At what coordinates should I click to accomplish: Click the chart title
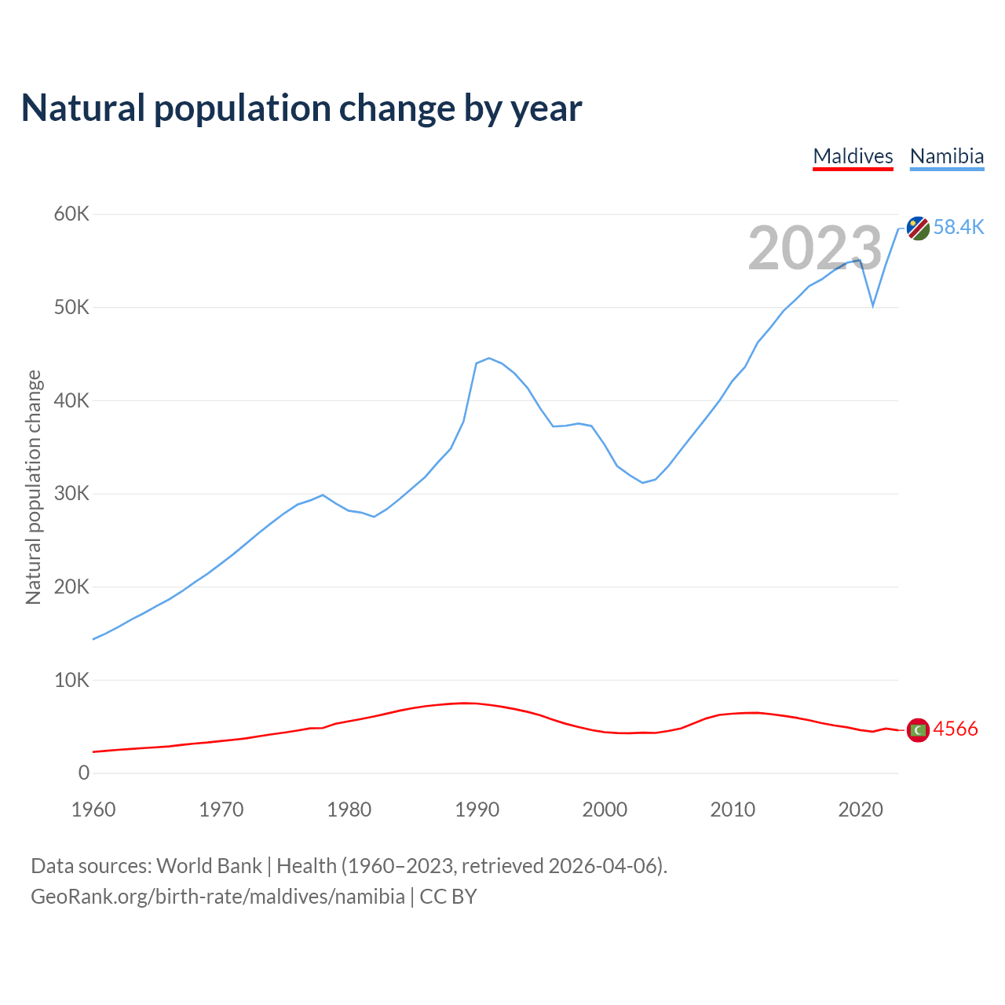[301, 108]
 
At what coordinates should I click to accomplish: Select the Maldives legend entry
[853, 156]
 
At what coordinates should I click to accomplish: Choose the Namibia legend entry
[946, 156]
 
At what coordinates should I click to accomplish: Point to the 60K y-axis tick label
[71, 214]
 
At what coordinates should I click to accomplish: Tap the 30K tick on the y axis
[71, 494]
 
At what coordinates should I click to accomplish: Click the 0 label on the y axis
[84, 773]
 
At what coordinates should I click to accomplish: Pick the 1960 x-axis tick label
[93, 809]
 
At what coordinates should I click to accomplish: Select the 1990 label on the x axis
[477, 809]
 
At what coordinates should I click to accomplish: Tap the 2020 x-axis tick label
[861, 809]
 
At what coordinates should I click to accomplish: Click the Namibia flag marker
[918, 228]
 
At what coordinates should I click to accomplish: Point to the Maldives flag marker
[918, 730]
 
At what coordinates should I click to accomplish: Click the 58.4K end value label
[959, 228]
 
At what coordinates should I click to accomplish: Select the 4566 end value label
[956, 729]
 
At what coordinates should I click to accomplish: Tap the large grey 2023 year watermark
[815, 249]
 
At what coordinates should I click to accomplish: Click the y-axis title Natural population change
[33, 488]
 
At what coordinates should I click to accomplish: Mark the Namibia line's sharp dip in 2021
[873, 305]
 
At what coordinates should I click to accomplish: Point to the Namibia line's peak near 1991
[489, 358]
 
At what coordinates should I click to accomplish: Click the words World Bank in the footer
[209, 866]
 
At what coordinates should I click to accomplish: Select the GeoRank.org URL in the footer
[217, 897]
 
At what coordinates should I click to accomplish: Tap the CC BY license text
[448, 897]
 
